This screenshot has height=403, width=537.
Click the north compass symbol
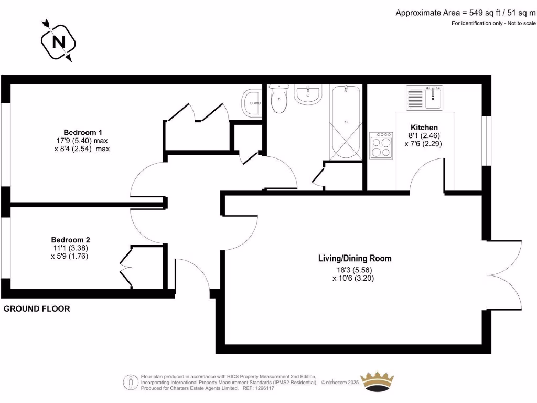57,40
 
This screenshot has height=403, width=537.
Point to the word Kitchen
424,127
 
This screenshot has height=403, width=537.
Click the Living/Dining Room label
355,258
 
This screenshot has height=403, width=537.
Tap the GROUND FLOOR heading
37,309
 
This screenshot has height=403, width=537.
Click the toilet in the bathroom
278,99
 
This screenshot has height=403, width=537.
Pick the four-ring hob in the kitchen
381,144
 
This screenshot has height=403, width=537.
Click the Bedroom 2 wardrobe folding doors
125,268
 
